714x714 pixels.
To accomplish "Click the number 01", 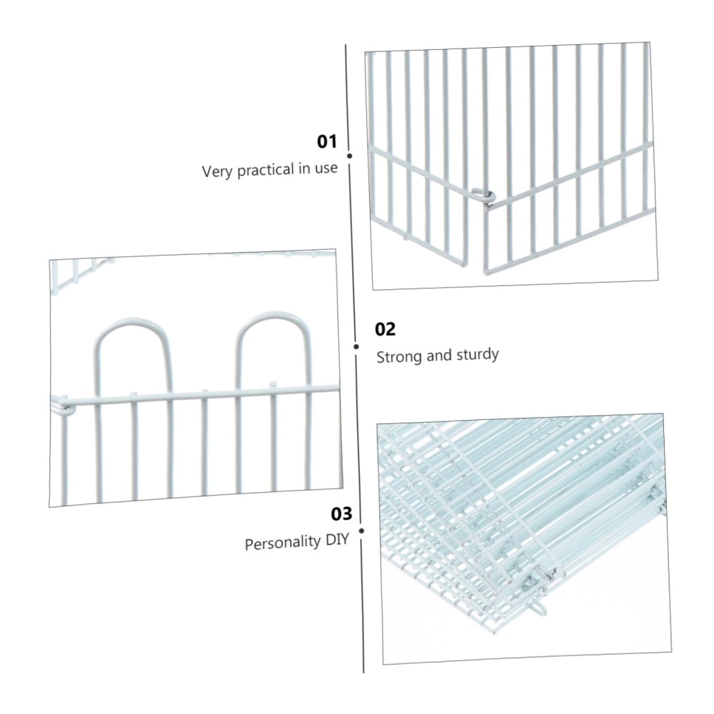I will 327,141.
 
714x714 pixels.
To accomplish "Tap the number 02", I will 386,329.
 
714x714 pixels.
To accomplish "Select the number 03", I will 341,514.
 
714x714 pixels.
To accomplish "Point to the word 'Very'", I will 216,172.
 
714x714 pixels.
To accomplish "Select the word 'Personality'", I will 283,543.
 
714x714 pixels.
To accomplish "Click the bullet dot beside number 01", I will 350,156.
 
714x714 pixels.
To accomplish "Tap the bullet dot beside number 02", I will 356,346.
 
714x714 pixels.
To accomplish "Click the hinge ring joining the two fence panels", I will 484,195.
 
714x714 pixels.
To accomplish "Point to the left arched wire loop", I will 133,336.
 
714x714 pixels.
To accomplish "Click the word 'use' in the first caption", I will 325,169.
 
